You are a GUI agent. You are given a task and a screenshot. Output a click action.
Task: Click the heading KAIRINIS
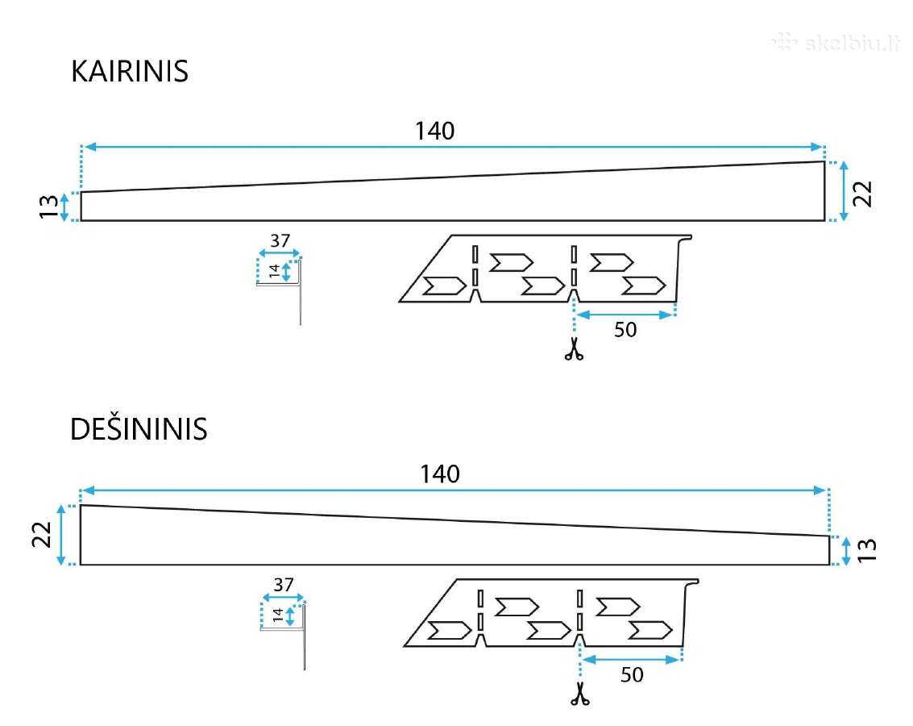coord(129,72)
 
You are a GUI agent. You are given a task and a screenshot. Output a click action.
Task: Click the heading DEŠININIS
coord(139,429)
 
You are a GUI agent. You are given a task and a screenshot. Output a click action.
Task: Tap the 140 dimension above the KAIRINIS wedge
coord(434,131)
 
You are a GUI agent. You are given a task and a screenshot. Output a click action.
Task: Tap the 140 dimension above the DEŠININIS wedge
coord(440,474)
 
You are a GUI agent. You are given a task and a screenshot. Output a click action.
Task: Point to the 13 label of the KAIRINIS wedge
coord(49,207)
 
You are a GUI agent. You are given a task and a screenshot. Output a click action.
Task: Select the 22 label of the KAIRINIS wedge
coord(862,194)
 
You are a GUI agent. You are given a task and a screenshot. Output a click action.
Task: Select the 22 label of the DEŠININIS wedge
coord(42,534)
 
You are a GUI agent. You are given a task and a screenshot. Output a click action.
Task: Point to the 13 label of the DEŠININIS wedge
coord(867,550)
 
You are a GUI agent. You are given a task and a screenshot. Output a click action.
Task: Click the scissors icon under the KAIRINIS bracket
coord(574,349)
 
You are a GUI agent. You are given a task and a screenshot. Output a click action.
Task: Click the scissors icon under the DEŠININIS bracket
coord(580,694)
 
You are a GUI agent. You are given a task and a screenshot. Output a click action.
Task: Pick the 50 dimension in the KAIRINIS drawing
coord(625,330)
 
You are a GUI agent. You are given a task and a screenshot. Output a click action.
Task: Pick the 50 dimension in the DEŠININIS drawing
coord(632,674)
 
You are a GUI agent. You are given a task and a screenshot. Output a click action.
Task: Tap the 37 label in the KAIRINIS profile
coord(280,240)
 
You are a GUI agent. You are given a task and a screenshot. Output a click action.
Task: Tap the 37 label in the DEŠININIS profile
coord(284,584)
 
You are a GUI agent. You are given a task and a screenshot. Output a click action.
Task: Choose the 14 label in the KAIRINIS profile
coord(274,271)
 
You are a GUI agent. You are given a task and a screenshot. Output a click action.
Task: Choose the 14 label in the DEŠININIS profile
coord(278,615)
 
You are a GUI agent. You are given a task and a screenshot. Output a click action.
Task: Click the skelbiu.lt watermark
coord(836,43)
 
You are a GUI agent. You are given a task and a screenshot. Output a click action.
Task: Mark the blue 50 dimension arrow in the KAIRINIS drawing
coord(625,315)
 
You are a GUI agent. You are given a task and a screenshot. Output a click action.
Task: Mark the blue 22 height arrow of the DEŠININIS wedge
coord(61,535)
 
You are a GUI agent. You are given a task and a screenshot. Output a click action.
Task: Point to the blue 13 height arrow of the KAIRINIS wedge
coord(64,207)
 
